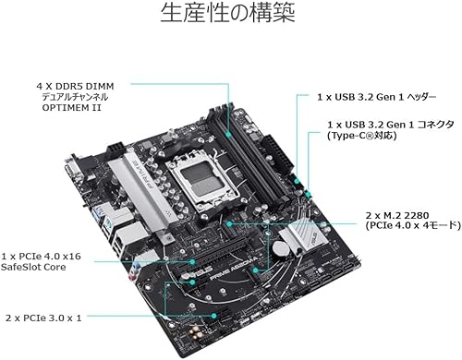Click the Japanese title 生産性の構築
(227, 12)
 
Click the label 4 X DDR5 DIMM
(75, 86)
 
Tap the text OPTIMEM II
(71, 108)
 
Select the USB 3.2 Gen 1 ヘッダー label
(377, 97)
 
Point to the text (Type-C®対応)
(362, 136)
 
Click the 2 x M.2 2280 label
(397, 215)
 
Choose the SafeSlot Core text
(33, 267)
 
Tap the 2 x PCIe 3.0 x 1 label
(43, 318)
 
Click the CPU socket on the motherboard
(201, 178)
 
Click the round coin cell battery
(281, 247)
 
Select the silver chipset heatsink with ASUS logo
(303, 236)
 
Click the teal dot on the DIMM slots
(228, 135)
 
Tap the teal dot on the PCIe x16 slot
(192, 262)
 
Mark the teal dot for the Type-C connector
(308, 194)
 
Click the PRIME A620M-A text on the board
(233, 269)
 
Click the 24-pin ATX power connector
(275, 153)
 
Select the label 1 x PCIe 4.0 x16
(41, 256)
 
